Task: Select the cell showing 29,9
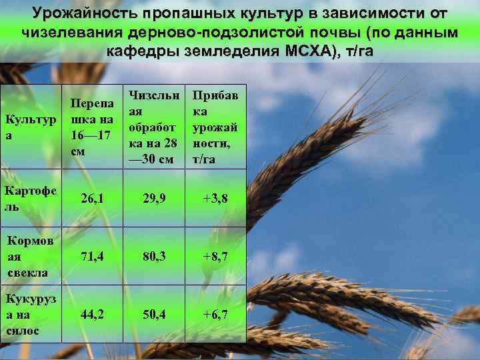154,198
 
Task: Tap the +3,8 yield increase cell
215,198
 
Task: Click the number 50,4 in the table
154,314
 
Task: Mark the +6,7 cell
215,314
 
